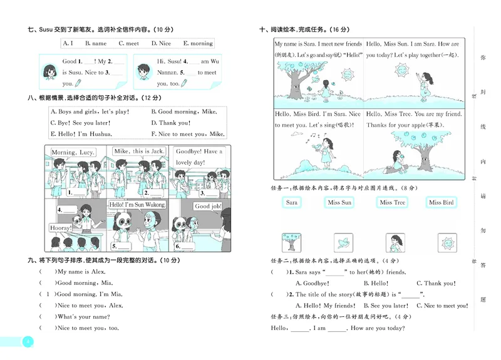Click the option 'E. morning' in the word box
[x=198, y=43]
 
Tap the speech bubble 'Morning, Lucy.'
[x=72, y=152]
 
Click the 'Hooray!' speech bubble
[x=61, y=229]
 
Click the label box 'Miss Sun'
[x=339, y=202]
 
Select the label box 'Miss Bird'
[x=442, y=202]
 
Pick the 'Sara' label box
[x=292, y=202]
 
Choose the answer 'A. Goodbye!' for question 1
[x=311, y=284]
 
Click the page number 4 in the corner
[x=26, y=342]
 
